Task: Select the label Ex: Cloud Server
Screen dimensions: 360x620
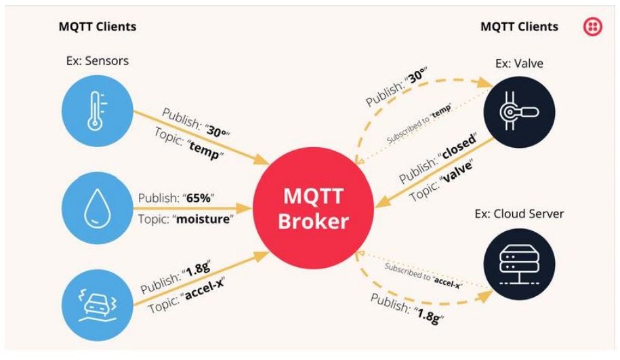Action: pos(519,214)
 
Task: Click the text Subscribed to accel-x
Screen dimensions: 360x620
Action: pos(422,275)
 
